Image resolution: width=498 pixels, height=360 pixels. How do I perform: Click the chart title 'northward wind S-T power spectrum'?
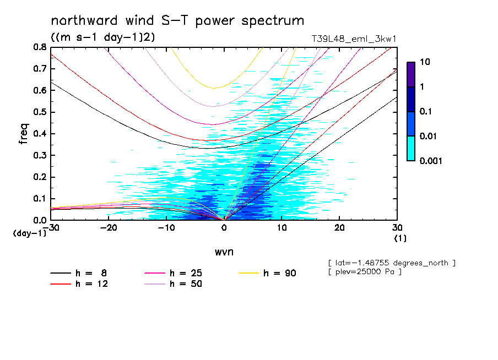tap(177, 21)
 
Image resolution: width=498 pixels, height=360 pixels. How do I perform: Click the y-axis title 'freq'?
tap(24, 134)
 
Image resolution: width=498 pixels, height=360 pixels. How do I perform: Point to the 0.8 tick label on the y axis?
tap(39, 47)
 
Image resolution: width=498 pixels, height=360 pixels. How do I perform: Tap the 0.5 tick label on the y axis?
tap(39, 112)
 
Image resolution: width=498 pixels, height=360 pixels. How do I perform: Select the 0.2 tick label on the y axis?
tap(39, 177)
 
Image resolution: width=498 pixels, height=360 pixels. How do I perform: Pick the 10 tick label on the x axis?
tap(282, 228)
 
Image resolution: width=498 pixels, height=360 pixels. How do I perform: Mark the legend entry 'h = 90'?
tap(280, 273)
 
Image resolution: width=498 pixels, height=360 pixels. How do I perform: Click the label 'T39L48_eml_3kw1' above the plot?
tap(354, 39)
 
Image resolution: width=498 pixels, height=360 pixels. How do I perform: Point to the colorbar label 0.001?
tap(431, 161)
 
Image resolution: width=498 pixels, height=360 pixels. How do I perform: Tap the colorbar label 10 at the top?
tap(426, 62)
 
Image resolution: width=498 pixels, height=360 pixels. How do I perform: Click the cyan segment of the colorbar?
tap(411, 148)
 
